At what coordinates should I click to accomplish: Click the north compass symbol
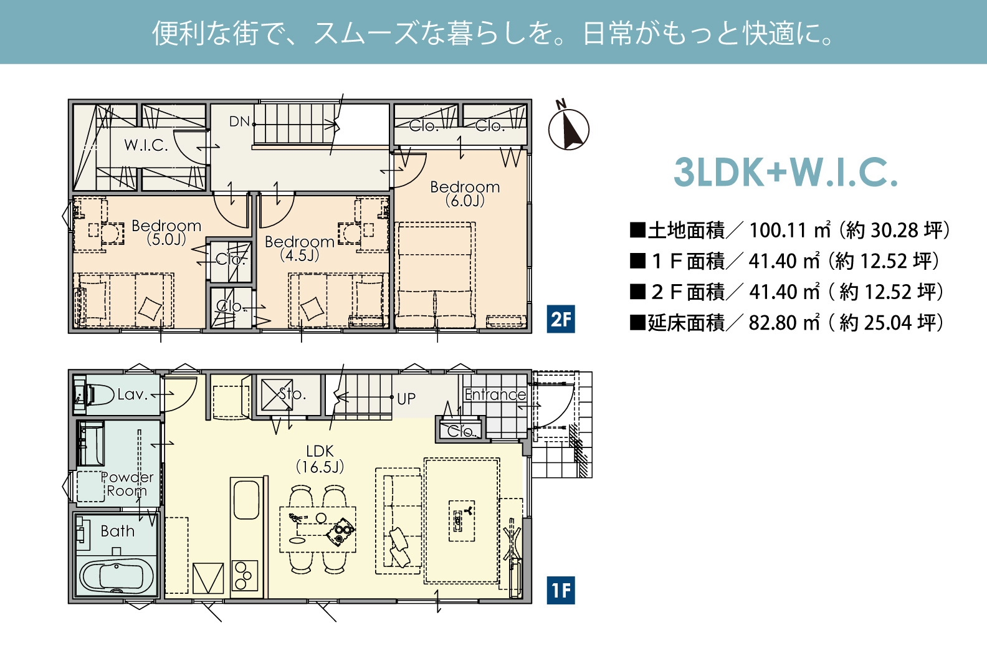pos(568,127)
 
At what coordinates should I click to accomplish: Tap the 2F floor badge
pos(560,319)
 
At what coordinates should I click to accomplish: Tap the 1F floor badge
pos(560,590)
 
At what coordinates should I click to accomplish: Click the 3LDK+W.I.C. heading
pos(785,173)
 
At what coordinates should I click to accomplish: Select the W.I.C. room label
pos(146,145)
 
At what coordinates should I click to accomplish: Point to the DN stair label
pos(240,122)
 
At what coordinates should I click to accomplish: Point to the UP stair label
pos(406,399)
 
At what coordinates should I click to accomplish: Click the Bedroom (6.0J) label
pos(465,194)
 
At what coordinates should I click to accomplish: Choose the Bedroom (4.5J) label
pos(300,248)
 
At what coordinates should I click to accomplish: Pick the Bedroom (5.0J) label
pos(166,232)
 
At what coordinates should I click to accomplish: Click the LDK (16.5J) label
pos(320,459)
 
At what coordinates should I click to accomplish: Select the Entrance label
pos(495,394)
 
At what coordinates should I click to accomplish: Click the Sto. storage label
pos(293,394)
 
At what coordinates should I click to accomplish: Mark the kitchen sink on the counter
pos(246,500)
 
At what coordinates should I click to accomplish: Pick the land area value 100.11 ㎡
pos(790,230)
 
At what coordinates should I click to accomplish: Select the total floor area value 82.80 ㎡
pos(784,323)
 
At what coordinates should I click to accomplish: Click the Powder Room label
pos(127,484)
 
